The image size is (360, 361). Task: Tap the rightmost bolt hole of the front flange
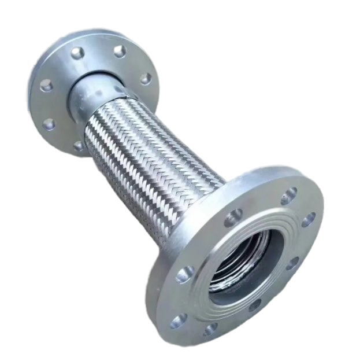point(310,219)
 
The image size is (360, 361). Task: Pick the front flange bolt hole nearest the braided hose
point(233,218)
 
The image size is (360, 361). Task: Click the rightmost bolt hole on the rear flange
point(145,78)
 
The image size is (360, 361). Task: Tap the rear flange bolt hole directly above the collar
point(119,51)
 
